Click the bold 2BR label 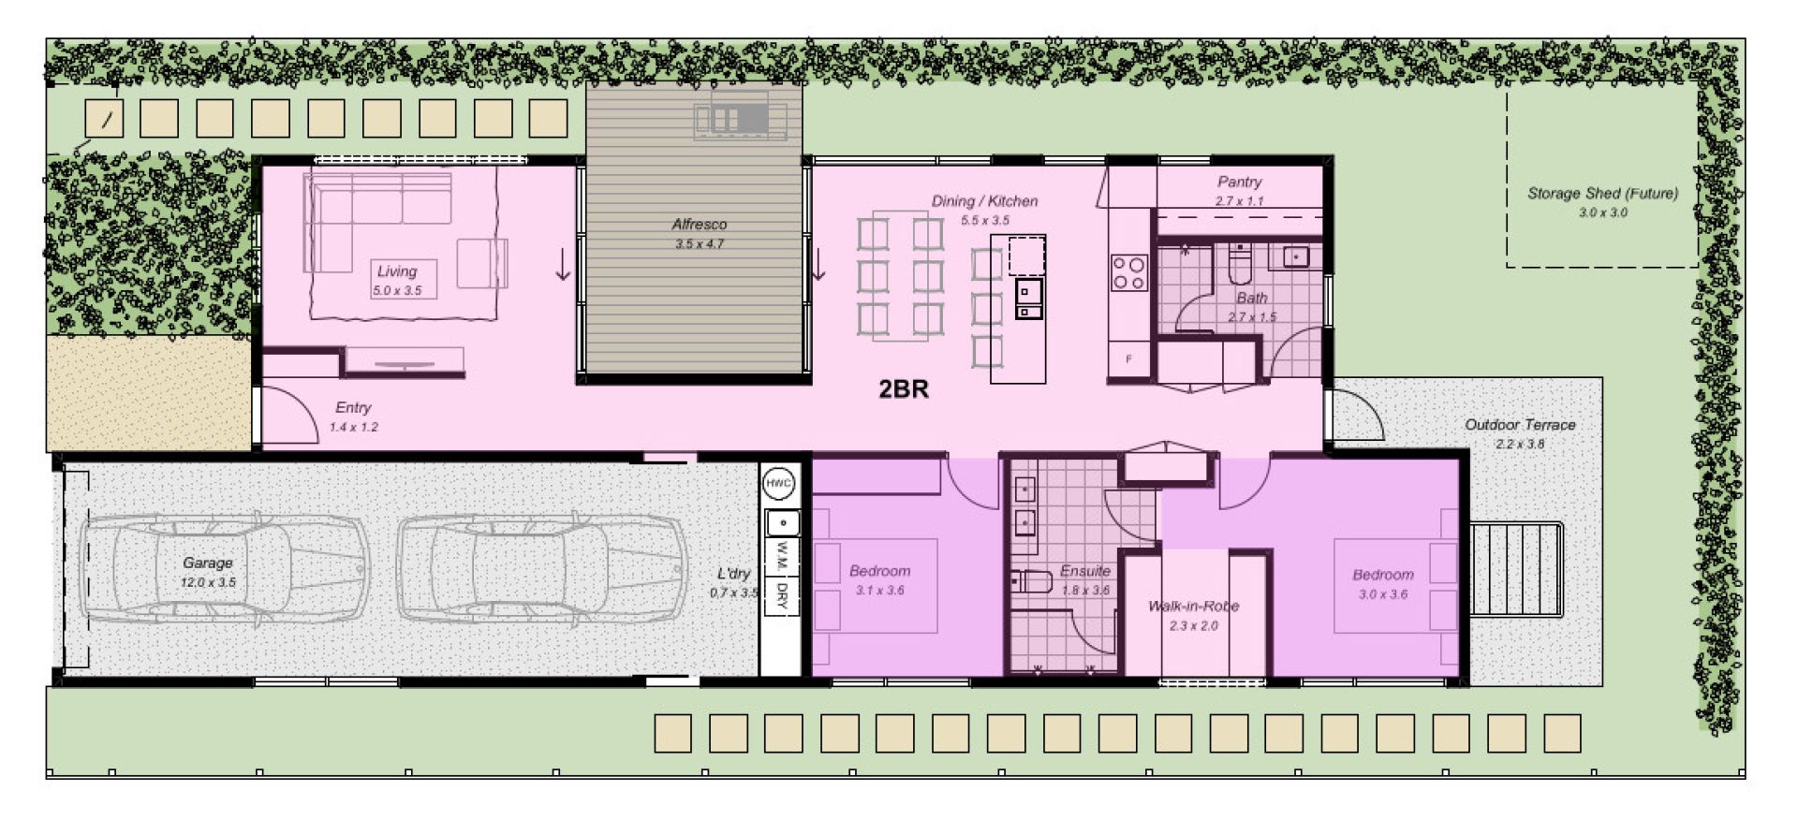coord(903,389)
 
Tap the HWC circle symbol coord(779,484)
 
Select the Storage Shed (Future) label coord(1602,194)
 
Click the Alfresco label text coord(699,225)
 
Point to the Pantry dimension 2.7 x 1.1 coord(1239,201)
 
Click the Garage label coord(207,563)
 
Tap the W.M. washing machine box coord(780,558)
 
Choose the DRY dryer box coord(780,595)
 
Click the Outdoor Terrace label coord(1520,425)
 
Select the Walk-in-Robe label coord(1193,607)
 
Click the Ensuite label coord(1084,571)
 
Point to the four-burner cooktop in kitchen coord(1128,272)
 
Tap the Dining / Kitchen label coord(984,201)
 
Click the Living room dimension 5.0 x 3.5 coord(397,291)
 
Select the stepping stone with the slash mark coord(104,119)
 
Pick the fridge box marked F coord(1129,358)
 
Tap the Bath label coord(1251,299)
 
